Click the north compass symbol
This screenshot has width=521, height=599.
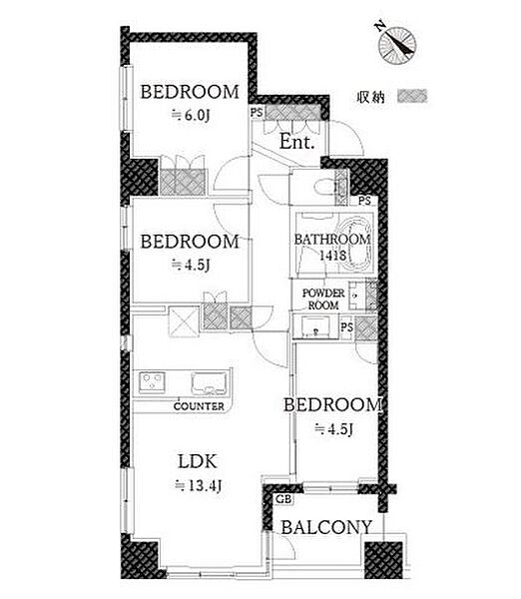click(397, 45)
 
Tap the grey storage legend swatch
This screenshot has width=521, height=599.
click(412, 96)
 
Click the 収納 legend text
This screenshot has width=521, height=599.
click(370, 97)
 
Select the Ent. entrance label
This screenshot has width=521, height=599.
click(296, 142)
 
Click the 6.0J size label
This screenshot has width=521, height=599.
click(191, 115)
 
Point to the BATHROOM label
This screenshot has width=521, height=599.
click(332, 240)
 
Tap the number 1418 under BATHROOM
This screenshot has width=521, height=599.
click(332, 255)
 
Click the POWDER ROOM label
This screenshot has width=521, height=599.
click(323, 299)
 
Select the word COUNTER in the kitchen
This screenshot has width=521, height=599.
click(199, 406)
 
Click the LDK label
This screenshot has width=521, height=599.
click(198, 462)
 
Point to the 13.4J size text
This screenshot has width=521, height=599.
click(198, 486)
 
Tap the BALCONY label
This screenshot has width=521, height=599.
click(326, 527)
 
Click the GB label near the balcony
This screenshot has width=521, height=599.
click(283, 499)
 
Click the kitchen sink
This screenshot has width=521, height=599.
click(209, 382)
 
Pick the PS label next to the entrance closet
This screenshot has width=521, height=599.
click(258, 112)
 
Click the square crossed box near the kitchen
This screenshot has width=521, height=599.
click(184, 321)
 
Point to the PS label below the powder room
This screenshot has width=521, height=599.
click(346, 327)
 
